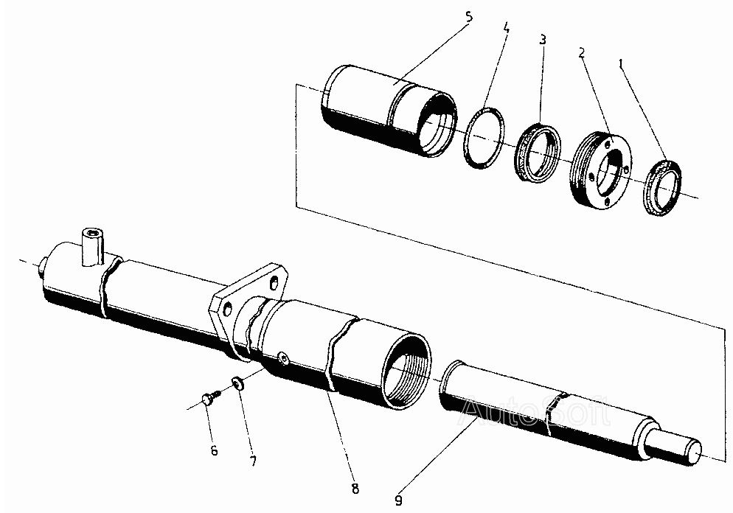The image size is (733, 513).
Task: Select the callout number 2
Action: (x=582, y=53)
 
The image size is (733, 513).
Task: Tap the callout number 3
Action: (x=543, y=39)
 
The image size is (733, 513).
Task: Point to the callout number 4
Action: (x=506, y=29)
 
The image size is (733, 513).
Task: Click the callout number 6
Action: (x=215, y=450)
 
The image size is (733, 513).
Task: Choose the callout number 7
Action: (x=252, y=462)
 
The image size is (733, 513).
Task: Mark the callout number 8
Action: (x=355, y=487)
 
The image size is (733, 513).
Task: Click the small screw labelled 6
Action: (x=209, y=399)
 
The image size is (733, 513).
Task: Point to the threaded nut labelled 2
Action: (x=600, y=169)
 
